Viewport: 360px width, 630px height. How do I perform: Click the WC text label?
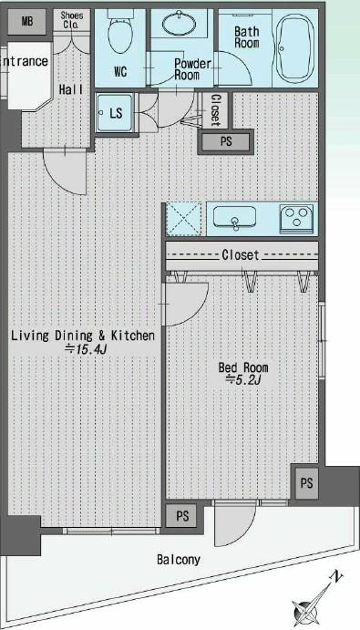121,71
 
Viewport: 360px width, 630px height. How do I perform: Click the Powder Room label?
192,70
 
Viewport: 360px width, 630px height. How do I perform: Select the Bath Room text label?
248,37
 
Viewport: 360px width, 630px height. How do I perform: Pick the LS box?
117,113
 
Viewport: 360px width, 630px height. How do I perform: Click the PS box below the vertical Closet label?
226,141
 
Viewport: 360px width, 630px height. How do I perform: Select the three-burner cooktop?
296,218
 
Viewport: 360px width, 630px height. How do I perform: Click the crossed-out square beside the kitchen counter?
185,219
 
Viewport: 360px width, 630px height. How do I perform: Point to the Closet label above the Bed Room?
241,255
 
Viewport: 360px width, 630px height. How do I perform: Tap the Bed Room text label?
243,367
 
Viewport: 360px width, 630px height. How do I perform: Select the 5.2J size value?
242,381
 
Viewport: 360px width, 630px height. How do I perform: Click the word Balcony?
179,560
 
